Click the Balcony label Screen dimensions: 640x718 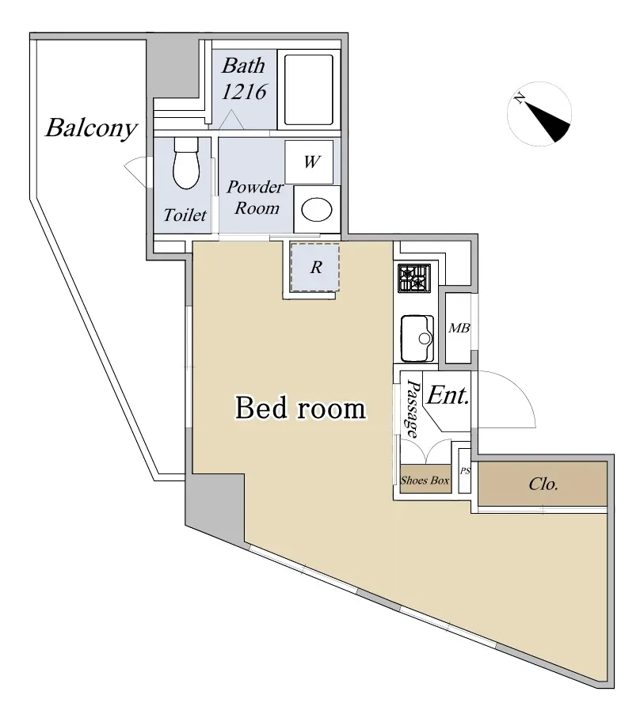pyautogui.click(x=91, y=129)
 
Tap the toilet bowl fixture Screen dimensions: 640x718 pyautogui.click(x=186, y=163)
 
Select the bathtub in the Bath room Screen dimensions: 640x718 pyautogui.click(x=308, y=90)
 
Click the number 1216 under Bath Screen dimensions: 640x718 pyautogui.click(x=244, y=92)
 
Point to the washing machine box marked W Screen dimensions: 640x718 pyautogui.click(x=309, y=162)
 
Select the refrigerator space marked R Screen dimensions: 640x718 pyautogui.click(x=315, y=267)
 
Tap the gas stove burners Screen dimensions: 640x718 pyautogui.click(x=414, y=278)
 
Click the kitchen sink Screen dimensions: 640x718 pyautogui.click(x=417, y=338)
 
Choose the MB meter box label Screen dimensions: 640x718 pyautogui.click(x=459, y=329)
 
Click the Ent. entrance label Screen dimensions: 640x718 pyautogui.click(x=448, y=395)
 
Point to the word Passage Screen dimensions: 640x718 pyautogui.click(x=413, y=409)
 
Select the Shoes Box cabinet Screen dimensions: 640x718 pyautogui.click(x=425, y=480)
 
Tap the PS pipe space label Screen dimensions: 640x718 pyautogui.click(x=465, y=471)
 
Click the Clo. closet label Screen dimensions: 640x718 pyautogui.click(x=543, y=484)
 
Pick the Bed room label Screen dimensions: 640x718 pyautogui.click(x=300, y=408)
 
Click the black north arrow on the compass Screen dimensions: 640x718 pyautogui.click(x=547, y=122)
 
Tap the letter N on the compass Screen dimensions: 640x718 pyautogui.click(x=520, y=98)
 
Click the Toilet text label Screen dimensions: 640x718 pyautogui.click(x=185, y=215)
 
